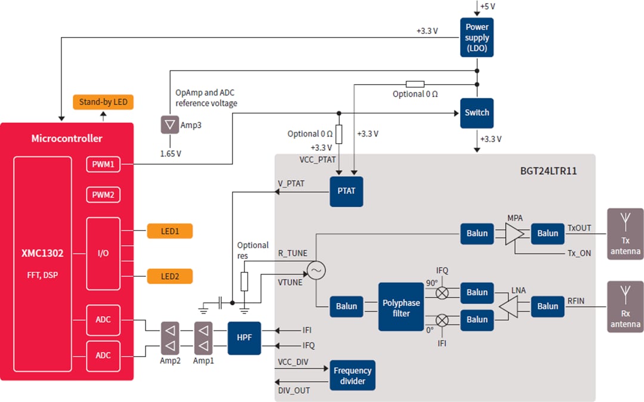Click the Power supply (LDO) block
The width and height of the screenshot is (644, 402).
(476, 37)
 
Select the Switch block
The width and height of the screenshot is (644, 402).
(476, 113)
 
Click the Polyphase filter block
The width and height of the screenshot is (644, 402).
(401, 307)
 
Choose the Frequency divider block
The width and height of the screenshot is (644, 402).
(352, 375)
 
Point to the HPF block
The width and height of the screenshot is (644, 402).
(244, 338)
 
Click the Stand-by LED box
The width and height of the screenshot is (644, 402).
(103, 102)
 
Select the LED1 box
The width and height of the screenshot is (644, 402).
(170, 231)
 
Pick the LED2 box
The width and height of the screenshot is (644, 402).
(170, 276)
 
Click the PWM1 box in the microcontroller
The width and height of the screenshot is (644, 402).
(103, 164)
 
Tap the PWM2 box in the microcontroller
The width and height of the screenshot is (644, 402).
(103, 195)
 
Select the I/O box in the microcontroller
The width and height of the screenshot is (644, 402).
(103, 253)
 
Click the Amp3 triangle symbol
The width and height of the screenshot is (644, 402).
(170, 125)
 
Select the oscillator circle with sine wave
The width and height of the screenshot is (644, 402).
(316, 271)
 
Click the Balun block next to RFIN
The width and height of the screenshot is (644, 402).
(547, 306)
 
